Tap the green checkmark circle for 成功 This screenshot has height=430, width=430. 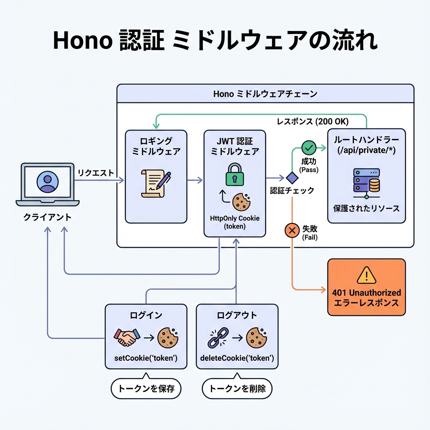pyautogui.click(x=309, y=147)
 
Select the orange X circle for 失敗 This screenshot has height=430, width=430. pyautogui.click(x=291, y=230)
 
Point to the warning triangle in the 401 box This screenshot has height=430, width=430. pyautogui.click(x=366, y=276)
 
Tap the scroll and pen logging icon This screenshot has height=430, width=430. pyautogui.click(x=156, y=183)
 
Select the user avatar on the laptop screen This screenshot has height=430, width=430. pyautogui.click(x=47, y=181)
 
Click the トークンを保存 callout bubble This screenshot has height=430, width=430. pyautogui.click(x=146, y=389)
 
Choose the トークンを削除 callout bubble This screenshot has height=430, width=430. pyautogui.click(x=237, y=389)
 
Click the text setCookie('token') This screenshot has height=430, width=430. pyautogui.click(x=146, y=358)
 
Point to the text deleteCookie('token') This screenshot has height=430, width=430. pyautogui.click(x=237, y=358)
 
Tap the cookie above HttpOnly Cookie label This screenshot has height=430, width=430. pyautogui.click(x=241, y=201)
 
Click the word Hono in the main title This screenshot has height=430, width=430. pyautogui.click(x=81, y=41)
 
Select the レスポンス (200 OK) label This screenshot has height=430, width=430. pyautogui.click(x=312, y=121)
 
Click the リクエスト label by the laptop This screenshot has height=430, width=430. pyautogui.click(x=96, y=172)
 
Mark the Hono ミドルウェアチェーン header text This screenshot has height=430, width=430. pyautogui.click(x=265, y=94)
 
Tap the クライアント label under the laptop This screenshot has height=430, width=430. pyautogui.click(x=47, y=217)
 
